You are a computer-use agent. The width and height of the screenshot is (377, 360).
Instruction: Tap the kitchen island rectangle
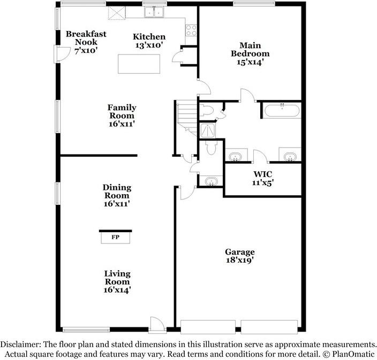(x=139, y=65)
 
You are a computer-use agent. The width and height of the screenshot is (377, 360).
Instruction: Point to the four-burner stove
(x=192, y=30)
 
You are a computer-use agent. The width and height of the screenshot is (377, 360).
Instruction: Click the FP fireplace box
(x=115, y=236)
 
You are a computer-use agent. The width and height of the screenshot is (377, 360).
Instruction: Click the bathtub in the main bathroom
(x=282, y=111)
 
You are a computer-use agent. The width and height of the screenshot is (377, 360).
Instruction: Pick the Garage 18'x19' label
(x=239, y=256)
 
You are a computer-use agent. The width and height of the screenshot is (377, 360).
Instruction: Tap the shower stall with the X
(x=206, y=130)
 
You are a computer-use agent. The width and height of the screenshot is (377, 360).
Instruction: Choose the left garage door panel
(x=208, y=327)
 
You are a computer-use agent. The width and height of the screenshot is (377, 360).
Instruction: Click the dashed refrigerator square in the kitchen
(x=116, y=13)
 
